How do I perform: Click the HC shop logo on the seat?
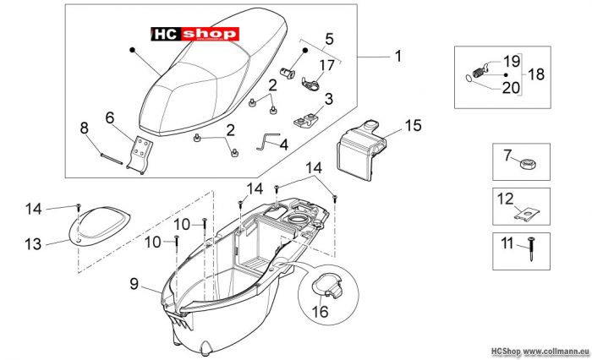tap(195, 34)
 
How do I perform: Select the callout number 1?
tap(398, 57)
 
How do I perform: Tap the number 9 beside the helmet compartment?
tap(134, 284)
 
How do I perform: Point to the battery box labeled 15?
tap(360, 150)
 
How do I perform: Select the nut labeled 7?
tap(528, 165)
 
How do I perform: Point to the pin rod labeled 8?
tap(112, 158)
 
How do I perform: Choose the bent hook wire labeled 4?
tap(267, 141)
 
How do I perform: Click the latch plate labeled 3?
tap(306, 120)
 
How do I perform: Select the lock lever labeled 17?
tap(310, 83)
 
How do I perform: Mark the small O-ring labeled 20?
tap(468, 78)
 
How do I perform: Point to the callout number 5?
tap(329, 39)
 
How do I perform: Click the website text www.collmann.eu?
tap(556, 352)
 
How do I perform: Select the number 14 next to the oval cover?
tap(33, 209)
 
